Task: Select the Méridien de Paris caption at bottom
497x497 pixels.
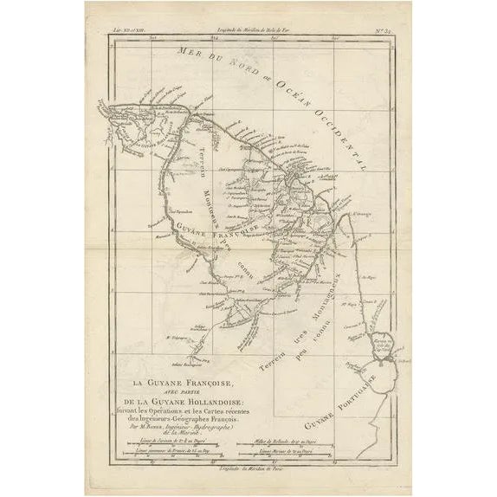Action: click(250, 468)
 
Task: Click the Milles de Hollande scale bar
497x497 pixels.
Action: click(318, 436)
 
